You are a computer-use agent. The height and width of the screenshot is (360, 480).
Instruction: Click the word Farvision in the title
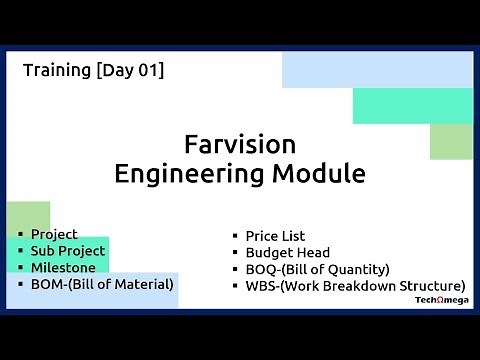click(240, 143)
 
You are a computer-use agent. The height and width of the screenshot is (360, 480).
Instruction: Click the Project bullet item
click(54, 234)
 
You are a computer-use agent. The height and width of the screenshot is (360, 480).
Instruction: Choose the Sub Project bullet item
click(68, 250)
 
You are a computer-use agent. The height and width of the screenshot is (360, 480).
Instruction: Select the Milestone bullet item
click(63, 267)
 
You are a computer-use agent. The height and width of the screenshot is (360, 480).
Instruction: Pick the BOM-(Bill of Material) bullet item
click(102, 283)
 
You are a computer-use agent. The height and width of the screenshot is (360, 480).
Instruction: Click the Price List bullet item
click(275, 236)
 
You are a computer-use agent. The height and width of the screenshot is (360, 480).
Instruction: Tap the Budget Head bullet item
click(287, 253)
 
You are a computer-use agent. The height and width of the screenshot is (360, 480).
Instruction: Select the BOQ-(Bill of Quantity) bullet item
click(317, 269)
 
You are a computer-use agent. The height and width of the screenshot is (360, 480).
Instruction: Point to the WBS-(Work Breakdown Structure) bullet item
click(355, 285)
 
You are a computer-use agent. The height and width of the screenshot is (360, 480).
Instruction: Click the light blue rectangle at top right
click(377, 69)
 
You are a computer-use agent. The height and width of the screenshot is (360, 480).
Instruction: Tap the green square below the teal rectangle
click(451, 142)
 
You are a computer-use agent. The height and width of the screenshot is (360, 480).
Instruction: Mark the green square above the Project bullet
click(28, 215)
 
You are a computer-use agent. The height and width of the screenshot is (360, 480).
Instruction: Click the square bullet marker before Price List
click(235, 237)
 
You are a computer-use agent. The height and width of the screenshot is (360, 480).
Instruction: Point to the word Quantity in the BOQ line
click(355, 269)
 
